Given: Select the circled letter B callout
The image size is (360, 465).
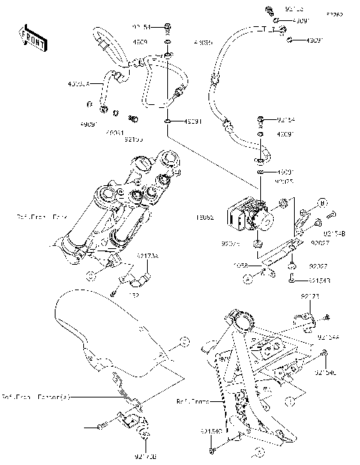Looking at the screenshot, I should pyautogui.click(x=321, y=203).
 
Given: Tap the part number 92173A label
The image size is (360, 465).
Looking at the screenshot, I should pyautogui.click(x=146, y=256).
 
